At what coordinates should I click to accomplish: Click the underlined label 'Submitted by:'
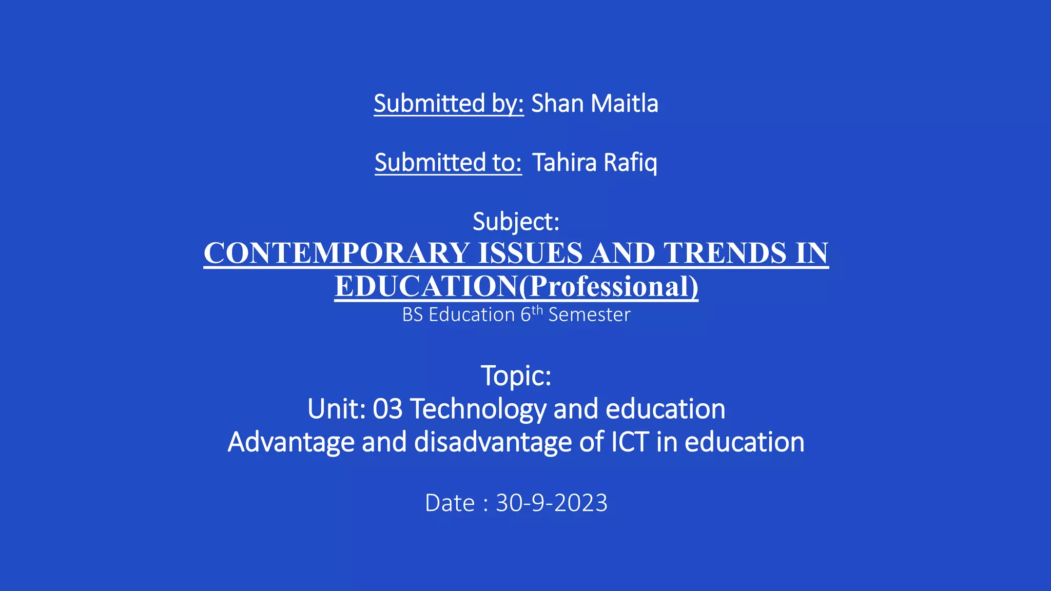[449, 104]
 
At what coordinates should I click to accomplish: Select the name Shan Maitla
[594, 104]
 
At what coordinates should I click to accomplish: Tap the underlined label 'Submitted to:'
[448, 163]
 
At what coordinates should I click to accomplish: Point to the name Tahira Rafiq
[594, 163]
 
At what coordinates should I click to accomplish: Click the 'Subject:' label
[516, 222]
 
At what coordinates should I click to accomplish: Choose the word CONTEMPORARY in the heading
[336, 253]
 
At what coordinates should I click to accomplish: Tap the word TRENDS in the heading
[725, 253]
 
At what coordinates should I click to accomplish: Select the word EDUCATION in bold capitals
[426, 286]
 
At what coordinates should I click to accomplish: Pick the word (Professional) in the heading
[609, 286]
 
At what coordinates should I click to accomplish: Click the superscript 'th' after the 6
[537, 310]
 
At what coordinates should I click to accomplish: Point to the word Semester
[589, 314]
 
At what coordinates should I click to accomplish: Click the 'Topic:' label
[516, 376]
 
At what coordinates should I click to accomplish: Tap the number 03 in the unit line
[387, 409]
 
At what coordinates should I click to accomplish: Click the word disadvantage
[493, 442]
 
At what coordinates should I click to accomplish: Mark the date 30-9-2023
[552, 503]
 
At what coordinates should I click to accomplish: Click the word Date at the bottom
[450, 503]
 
